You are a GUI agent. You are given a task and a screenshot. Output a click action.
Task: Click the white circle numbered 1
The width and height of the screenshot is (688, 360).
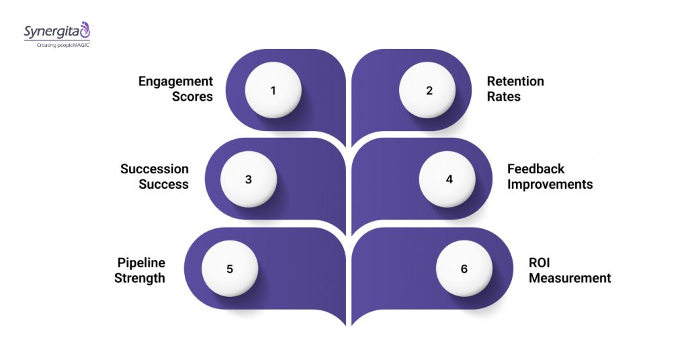273,91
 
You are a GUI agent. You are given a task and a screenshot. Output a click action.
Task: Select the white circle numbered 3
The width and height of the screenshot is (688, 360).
249,179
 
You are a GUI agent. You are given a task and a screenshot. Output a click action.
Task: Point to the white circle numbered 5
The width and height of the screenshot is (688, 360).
230,269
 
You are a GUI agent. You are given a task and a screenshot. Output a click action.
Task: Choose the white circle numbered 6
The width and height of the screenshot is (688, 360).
464,269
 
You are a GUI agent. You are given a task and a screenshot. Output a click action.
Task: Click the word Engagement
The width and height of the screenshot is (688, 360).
175,82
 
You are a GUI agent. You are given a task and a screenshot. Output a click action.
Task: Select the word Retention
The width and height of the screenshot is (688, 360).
515,82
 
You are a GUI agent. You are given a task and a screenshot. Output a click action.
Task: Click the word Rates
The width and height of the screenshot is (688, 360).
504,97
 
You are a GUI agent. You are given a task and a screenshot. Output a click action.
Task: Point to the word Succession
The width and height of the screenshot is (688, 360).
155,169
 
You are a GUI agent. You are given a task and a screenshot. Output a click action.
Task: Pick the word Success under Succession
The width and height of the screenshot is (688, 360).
164,184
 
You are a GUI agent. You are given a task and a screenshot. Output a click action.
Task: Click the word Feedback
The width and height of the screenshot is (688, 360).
536,169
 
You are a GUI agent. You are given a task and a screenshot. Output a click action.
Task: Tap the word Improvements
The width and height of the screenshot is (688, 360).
550,184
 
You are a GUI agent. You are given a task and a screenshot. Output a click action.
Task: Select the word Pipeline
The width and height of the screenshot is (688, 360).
141,263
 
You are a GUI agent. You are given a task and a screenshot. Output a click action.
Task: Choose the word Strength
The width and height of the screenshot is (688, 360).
140,277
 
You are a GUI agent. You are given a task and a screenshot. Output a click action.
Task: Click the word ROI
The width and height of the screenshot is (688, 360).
540,263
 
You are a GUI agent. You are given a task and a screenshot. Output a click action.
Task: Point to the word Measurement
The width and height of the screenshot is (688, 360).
570,277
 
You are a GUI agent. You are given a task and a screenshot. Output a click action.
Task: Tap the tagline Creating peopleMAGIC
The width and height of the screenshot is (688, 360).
57,44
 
